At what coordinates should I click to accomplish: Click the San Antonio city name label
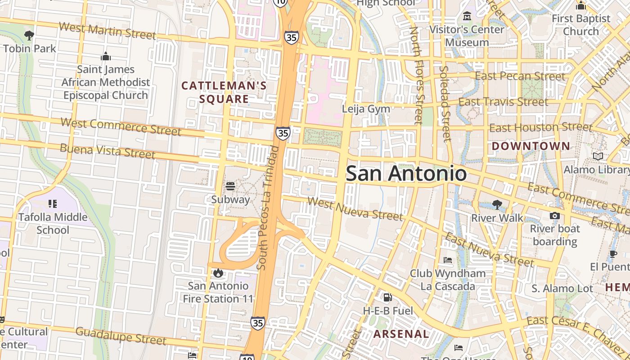406,174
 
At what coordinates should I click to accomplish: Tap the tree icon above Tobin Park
29,35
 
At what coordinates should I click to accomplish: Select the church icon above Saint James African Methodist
106,56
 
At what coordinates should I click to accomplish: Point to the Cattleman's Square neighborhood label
224,92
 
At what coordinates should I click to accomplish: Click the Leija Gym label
366,109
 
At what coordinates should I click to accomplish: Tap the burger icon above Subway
230,186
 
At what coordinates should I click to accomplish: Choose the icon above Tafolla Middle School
53,204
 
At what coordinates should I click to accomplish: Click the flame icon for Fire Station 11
218,273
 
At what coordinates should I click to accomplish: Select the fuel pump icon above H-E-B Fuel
387,297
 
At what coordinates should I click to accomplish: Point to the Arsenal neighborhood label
401,334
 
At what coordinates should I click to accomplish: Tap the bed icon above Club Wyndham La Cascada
448,260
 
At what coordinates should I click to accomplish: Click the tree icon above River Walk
497,205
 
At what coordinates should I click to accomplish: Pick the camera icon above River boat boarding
554,216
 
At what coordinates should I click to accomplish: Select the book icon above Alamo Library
598,156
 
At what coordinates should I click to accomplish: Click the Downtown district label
531,146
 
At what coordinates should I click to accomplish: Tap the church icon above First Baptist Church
581,5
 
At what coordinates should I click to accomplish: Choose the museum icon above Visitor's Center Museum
467,17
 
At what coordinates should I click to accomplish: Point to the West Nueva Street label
355,209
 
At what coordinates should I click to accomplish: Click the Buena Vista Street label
108,151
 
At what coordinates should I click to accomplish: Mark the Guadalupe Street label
121,336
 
